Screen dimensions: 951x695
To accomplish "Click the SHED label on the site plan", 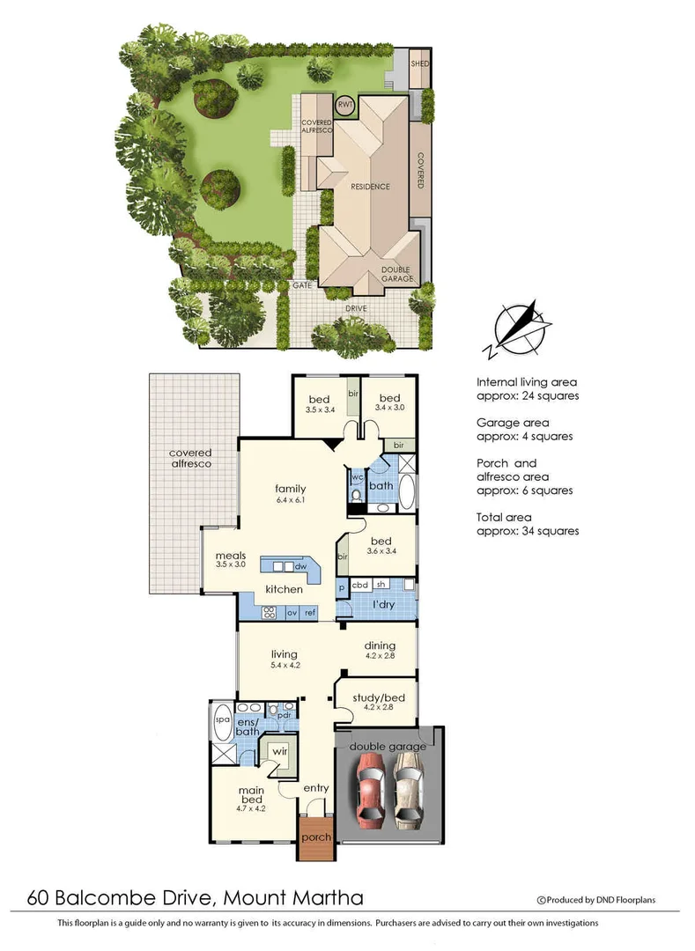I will (420, 64).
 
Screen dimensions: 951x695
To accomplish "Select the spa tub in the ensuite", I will (222, 719).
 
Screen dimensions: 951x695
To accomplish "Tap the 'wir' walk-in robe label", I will (279, 753).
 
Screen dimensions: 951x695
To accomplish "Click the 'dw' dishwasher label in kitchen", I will (300, 567).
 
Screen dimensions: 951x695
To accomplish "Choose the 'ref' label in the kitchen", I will (310, 611).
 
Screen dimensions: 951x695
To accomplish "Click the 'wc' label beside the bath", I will (358, 477).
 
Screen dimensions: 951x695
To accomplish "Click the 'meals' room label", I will (230, 556).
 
